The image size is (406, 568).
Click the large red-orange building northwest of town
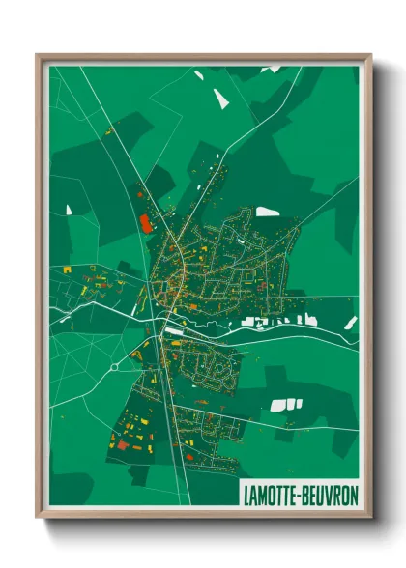147,224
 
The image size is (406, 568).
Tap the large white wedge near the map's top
222,98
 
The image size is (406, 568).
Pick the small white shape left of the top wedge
198,74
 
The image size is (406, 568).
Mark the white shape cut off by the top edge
272,69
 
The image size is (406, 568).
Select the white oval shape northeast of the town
268,212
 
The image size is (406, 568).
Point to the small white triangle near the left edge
69,208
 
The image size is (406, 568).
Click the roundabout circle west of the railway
114,366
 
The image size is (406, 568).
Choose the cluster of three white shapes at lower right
286,405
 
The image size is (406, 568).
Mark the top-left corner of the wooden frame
38,55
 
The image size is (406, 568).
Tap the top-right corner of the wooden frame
370,55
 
